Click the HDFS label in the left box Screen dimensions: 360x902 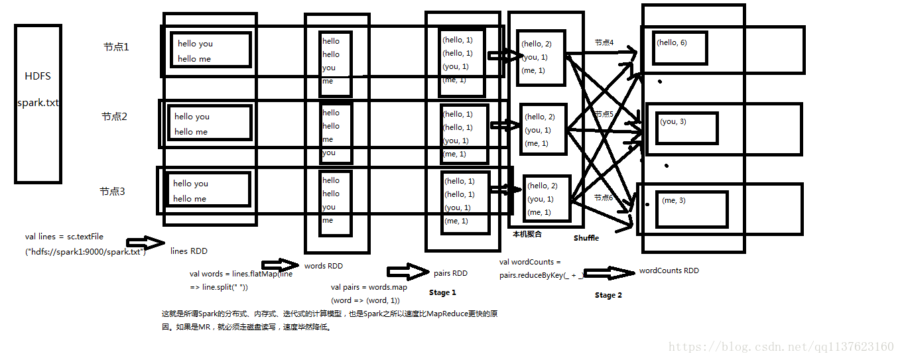pos(37,76)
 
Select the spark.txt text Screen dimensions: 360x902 pos(38,103)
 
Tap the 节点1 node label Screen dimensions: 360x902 pos(116,47)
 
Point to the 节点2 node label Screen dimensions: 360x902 pos(114,117)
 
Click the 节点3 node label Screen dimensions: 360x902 pos(112,192)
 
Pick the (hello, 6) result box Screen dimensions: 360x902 pos(680,48)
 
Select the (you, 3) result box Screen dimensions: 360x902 pos(687,128)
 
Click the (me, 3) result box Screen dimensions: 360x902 pos(691,208)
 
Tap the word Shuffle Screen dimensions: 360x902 pos(586,238)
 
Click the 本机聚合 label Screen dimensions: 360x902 pos(527,234)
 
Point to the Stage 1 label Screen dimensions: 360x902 pos(442,292)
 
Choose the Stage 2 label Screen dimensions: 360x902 pos(608,295)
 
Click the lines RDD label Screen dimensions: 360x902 pos(188,251)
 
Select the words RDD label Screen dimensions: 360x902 pos(324,266)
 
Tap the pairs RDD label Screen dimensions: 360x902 pos(450,273)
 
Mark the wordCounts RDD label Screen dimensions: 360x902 pos(669,270)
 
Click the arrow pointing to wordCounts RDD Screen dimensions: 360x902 pos(609,273)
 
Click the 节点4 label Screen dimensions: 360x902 pos(604,42)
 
